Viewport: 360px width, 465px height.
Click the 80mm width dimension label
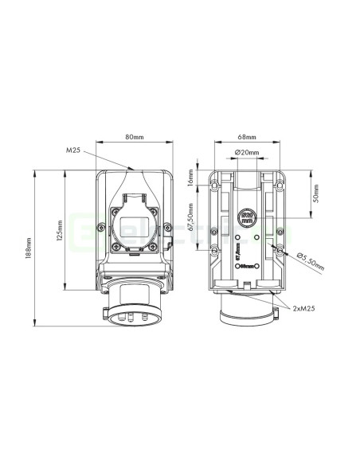pos(134,136)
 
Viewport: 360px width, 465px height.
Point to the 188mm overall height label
pos(29,249)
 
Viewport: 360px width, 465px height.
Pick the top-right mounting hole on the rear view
pos(279,182)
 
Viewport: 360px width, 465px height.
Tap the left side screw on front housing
pos(101,229)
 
